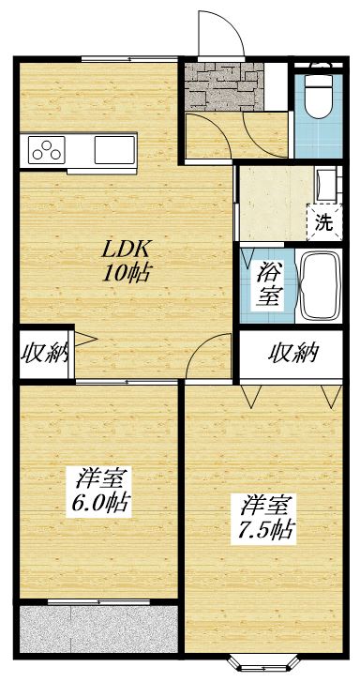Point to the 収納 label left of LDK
tap(44, 355)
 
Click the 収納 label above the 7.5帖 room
tap(292, 354)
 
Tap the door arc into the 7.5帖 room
tap(214, 361)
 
